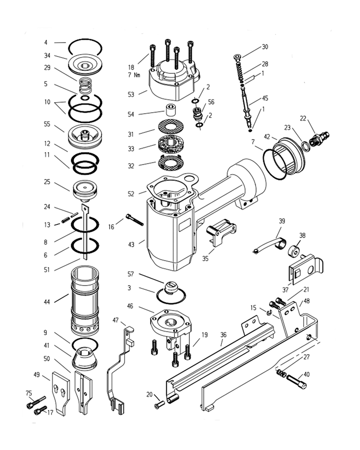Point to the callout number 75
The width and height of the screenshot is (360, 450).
[x=29, y=393]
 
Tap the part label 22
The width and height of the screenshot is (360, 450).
[x=303, y=118]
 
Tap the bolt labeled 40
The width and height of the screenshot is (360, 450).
[x=297, y=381]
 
